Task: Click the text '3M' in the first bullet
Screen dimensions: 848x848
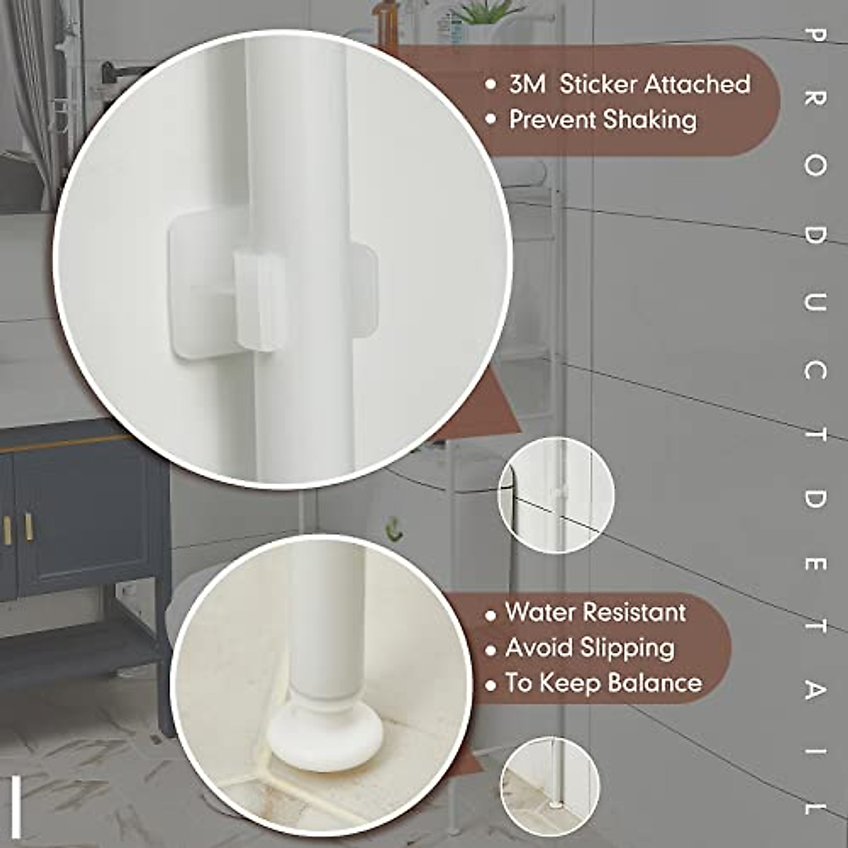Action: [x=527, y=84]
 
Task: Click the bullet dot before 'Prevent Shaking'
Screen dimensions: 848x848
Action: [x=492, y=121]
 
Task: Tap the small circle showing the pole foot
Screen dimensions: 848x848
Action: [x=550, y=786]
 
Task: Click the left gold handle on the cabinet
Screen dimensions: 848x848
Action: [x=8, y=529]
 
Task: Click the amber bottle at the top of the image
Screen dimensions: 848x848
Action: [x=386, y=21]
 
